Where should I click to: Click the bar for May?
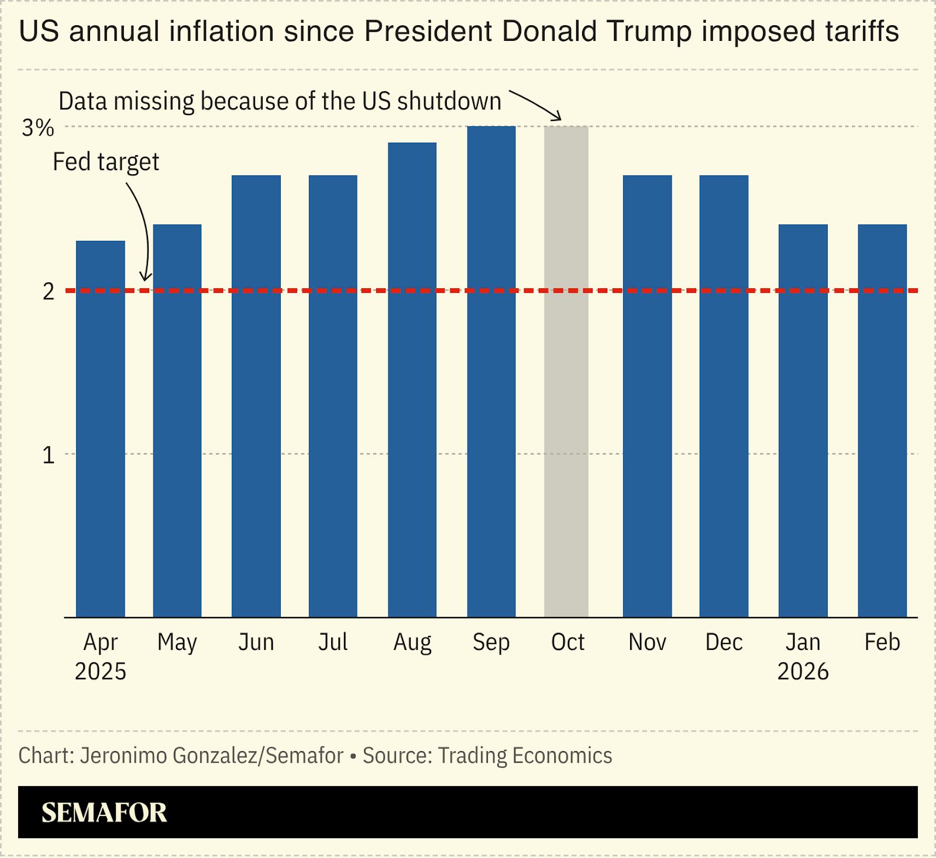(x=177, y=420)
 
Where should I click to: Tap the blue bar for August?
(x=412, y=379)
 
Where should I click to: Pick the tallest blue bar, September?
(x=491, y=371)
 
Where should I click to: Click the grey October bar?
(x=566, y=371)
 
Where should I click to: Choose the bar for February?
(x=882, y=420)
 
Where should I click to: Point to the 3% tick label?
(x=38, y=127)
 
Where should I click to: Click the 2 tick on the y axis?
(x=48, y=291)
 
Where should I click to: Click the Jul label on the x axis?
(x=333, y=642)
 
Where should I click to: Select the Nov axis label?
(x=647, y=642)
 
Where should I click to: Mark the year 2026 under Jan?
(x=803, y=672)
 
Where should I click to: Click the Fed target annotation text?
(x=106, y=162)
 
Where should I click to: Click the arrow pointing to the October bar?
(x=535, y=105)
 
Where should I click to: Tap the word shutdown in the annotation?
(x=449, y=101)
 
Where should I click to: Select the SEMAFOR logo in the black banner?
(x=104, y=812)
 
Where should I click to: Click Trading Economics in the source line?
(x=525, y=756)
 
